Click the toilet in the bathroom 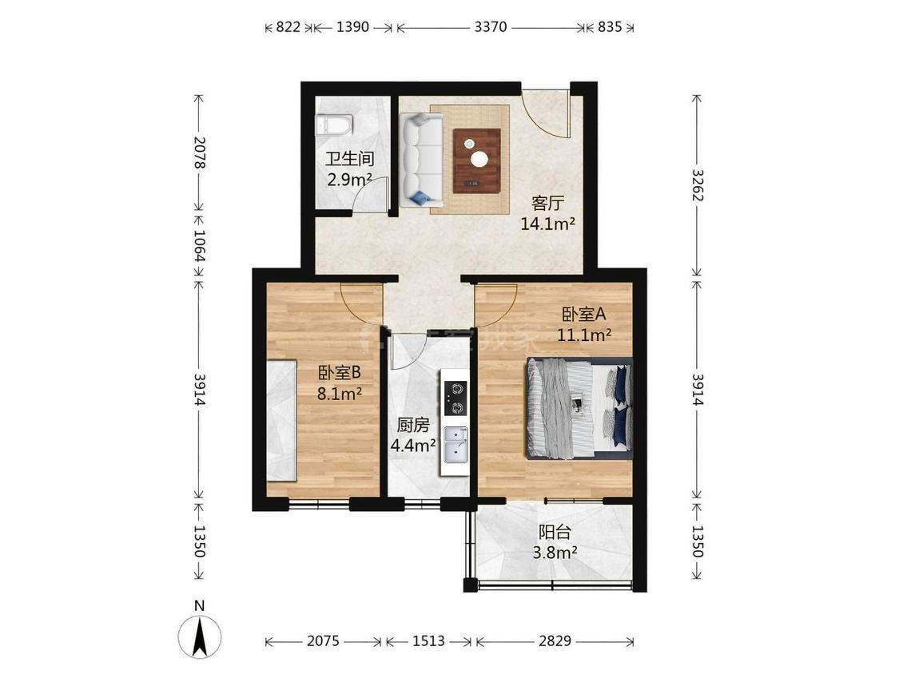click(x=334, y=125)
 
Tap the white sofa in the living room click(x=422, y=160)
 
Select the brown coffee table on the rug click(x=476, y=161)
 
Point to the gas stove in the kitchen click(x=455, y=398)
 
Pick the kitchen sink click(x=456, y=446)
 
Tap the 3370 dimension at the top click(x=490, y=26)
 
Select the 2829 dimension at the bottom click(x=555, y=640)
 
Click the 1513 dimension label click(x=428, y=640)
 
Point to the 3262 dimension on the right click(x=697, y=184)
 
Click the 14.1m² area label click(x=547, y=224)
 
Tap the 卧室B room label click(x=340, y=373)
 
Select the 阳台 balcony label click(x=555, y=533)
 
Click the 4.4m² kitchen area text click(x=413, y=446)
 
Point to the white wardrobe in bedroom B click(x=281, y=420)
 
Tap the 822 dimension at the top click(x=288, y=26)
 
